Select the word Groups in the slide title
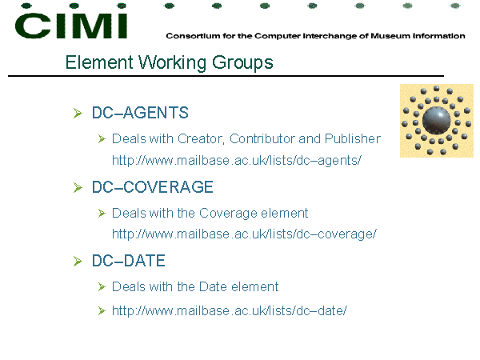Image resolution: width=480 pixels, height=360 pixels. click(x=242, y=63)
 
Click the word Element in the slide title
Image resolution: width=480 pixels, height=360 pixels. click(x=99, y=62)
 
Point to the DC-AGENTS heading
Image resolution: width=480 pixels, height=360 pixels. click(x=140, y=113)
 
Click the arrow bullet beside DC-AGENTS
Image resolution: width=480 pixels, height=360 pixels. click(x=78, y=114)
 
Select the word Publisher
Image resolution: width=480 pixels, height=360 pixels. click(x=353, y=138)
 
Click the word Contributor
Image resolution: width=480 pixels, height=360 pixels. click(x=262, y=138)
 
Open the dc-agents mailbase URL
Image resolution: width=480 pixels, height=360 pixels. click(x=237, y=160)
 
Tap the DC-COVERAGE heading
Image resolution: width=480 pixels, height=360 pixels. click(x=153, y=186)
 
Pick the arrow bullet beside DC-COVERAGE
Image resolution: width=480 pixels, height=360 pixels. click(x=78, y=188)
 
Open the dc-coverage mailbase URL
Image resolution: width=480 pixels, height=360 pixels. click(x=244, y=234)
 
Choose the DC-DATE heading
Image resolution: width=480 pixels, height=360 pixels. click(x=129, y=261)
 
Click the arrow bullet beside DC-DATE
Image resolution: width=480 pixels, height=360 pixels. click(x=78, y=262)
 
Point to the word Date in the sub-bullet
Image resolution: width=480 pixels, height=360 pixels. click(x=213, y=287)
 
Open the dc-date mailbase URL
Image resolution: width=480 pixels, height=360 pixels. click(x=230, y=310)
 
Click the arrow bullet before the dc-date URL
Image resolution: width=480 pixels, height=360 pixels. click(x=102, y=311)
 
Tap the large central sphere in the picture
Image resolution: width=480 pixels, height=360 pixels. click(x=436, y=121)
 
